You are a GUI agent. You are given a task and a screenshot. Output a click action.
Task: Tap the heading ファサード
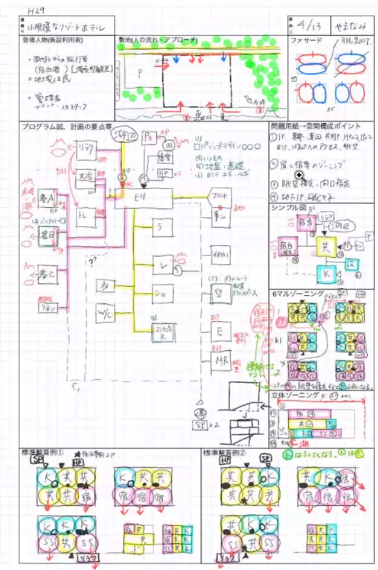(x=305, y=41)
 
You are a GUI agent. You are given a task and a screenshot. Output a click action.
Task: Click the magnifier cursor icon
(x=299, y=174)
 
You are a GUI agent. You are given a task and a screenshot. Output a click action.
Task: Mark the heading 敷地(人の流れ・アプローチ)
(x=159, y=41)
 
